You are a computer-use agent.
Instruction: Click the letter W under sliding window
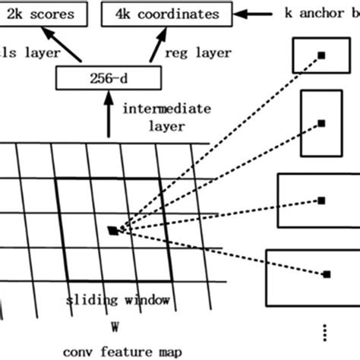[x=115, y=328]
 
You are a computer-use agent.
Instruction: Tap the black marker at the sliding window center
[x=113, y=230]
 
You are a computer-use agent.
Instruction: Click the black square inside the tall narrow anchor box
[x=321, y=122]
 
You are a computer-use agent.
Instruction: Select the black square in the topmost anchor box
[x=321, y=55]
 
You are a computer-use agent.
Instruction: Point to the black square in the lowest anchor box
[x=327, y=273]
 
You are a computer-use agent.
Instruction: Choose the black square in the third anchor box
[x=322, y=201]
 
